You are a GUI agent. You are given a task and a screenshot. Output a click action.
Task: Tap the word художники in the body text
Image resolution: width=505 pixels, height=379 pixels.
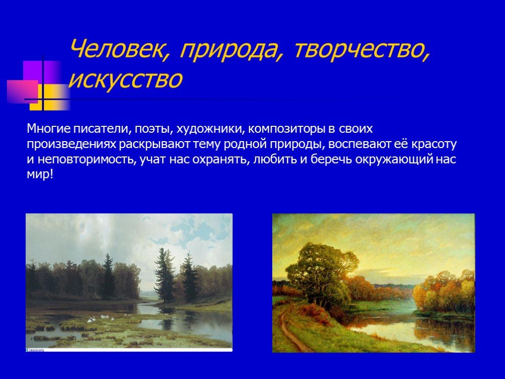pos(210,129)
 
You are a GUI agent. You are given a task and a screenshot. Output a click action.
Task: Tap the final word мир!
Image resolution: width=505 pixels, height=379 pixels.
pos(39,176)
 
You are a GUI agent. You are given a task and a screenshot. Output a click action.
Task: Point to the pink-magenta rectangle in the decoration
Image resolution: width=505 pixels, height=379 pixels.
pos(23,91)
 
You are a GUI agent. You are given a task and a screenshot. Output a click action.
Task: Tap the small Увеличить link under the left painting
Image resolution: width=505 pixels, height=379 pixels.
pos(35,350)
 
